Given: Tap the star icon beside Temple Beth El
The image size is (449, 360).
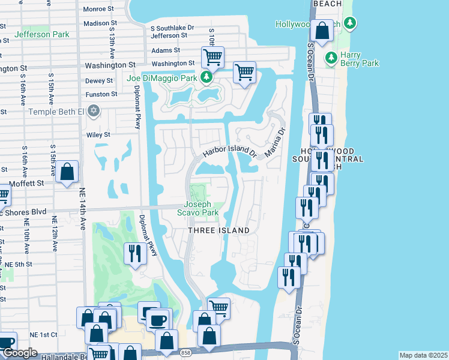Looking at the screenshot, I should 92,110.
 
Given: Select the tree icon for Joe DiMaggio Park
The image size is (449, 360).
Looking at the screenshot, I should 206,77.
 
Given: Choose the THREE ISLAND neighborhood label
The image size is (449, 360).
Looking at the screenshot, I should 218,230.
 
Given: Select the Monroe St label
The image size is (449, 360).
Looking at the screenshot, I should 98,9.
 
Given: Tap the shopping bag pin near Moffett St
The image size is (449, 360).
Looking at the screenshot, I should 67,172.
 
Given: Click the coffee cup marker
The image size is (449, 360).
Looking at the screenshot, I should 159,319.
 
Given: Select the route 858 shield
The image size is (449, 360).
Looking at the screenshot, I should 186,353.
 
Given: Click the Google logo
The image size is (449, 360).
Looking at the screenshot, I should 20,353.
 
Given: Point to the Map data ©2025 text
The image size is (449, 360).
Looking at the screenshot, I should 423,355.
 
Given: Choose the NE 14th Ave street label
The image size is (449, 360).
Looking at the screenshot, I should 83,208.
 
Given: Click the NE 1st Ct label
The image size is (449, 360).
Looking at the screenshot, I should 46,334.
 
